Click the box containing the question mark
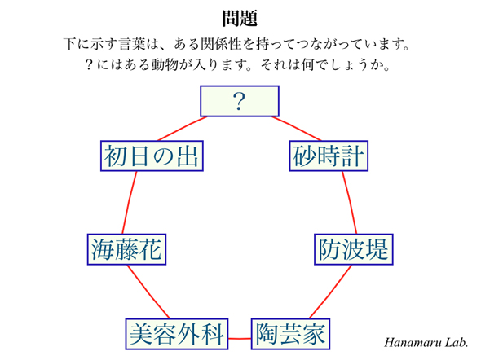[240, 101]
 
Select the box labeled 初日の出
[152, 156]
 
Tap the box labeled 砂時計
[329, 156]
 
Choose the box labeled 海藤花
[126, 249]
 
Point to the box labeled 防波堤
[354, 249]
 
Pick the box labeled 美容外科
[177, 334]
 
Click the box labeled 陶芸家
[290, 334]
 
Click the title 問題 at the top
[240, 19]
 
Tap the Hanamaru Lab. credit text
[426, 342]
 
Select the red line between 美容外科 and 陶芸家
[240, 339]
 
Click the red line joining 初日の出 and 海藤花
[129, 202]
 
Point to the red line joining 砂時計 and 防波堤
[351, 202]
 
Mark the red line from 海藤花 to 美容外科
[148, 292]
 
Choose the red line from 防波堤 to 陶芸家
[331, 292]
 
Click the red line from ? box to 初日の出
[183, 129]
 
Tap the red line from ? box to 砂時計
[297, 129]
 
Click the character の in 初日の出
[164, 156]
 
